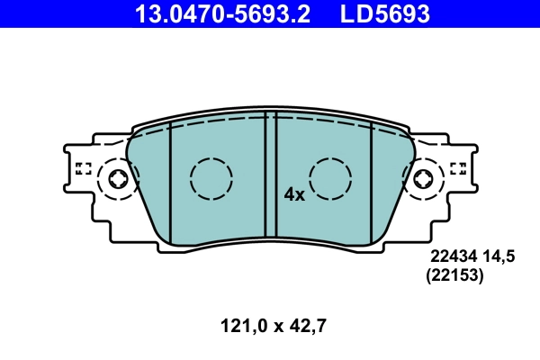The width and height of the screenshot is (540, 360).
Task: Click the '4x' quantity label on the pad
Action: [x=294, y=193]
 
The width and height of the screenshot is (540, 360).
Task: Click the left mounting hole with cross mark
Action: [x=118, y=178]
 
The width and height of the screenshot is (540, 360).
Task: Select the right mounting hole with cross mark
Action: [x=423, y=178]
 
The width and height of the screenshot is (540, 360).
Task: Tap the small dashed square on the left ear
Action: [x=84, y=167]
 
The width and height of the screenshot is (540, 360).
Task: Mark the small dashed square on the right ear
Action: [x=457, y=167]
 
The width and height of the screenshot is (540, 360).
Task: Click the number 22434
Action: [x=451, y=256]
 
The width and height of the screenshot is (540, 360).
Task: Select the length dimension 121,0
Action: [x=236, y=327]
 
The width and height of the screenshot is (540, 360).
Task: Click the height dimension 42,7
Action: [x=305, y=327]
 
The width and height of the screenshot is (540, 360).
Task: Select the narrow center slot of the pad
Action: [x=270, y=175]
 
